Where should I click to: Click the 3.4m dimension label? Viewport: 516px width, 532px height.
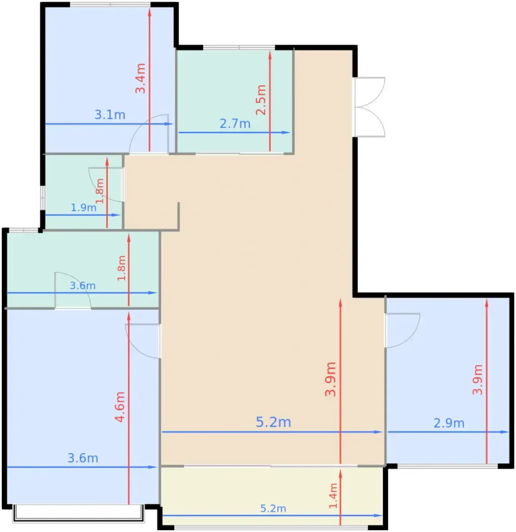pyautogui.click(x=141, y=78)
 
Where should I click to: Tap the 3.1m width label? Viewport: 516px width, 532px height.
pyautogui.click(x=110, y=114)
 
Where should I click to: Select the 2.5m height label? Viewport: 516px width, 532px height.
pyautogui.click(x=261, y=100)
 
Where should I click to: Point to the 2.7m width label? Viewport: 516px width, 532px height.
pyautogui.click(x=235, y=123)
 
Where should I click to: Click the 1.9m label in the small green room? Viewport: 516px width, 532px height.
pyautogui.click(x=84, y=208)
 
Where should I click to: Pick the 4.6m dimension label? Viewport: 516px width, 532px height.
pyautogui.click(x=120, y=407)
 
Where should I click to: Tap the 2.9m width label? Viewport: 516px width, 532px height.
pyautogui.click(x=449, y=423)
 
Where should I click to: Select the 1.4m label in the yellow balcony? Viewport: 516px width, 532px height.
pyautogui.click(x=333, y=496)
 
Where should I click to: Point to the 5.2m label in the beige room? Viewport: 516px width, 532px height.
pyautogui.click(x=273, y=422)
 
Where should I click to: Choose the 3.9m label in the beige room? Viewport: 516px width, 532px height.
pyautogui.click(x=330, y=379)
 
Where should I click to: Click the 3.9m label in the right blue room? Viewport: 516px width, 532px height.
pyautogui.click(x=478, y=380)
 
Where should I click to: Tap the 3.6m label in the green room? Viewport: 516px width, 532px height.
pyautogui.click(x=82, y=286)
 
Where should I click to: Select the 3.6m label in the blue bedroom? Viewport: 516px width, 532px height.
pyautogui.click(x=83, y=458)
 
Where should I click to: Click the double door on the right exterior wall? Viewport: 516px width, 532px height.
pyautogui.click(x=369, y=107)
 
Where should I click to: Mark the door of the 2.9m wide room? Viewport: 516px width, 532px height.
pyautogui.click(x=402, y=330)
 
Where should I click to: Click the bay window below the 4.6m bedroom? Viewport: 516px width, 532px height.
pyautogui.click(x=79, y=514)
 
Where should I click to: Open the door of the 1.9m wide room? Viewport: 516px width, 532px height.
pyautogui.click(x=106, y=185)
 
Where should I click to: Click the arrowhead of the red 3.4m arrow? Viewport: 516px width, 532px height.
pyautogui.click(x=149, y=13)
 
